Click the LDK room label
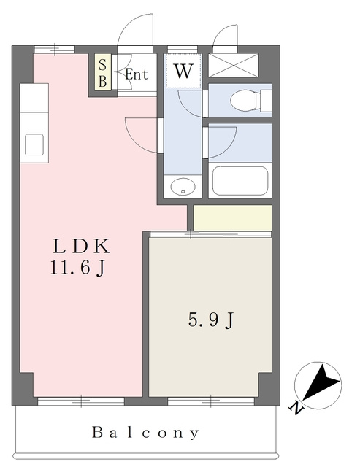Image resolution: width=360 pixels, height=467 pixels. [x=81, y=246]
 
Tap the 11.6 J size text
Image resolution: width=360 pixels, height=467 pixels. [x=77, y=268]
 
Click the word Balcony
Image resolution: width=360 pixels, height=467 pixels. [x=145, y=433]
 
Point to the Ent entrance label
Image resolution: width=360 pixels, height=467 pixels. [x=137, y=74]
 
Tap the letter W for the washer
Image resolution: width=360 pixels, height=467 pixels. [x=183, y=72]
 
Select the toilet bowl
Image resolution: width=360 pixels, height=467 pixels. [x=245, y=101]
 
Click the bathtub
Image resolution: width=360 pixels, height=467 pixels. [x=240, y=180]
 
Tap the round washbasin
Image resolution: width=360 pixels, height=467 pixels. [x=183, y=187]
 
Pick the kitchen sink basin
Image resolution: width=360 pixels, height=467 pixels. [x=34, y=144]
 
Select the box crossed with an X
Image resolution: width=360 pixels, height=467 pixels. [x=234, y=65]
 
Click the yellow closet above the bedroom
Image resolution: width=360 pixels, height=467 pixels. [x=232, y=217]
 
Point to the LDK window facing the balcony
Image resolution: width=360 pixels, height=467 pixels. [x=81, y=401]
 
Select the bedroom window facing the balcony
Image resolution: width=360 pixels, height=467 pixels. [x=211, y=401]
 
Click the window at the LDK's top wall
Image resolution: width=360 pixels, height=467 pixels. [x=54, y=49]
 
